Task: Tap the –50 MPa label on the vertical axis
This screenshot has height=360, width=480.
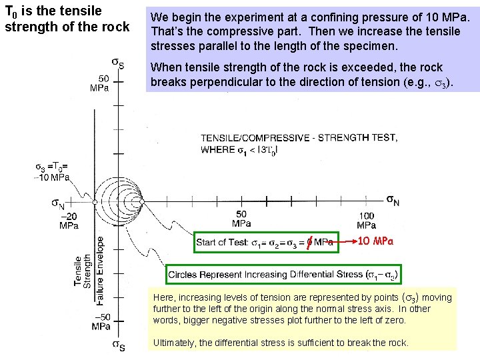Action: pyautogui.click(x=101, y=322)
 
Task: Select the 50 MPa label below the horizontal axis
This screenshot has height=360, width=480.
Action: pyautogui.click(x=242, y=218)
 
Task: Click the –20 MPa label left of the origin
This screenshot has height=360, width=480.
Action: pyautogui.click(x=69, y=221)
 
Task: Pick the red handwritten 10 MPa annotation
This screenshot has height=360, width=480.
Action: pyautogui.click(x=376, y=241)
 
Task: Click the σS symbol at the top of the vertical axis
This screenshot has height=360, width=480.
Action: pyautogui.click(x=117, y=64)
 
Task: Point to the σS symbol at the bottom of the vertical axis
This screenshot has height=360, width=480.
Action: pyautogui.click(x=119, y=345)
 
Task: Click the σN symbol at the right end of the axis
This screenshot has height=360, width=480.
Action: pyautogui.click(x=393, y=199)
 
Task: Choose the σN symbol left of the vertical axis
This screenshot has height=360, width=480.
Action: pyautogui.click(x=58, y=202)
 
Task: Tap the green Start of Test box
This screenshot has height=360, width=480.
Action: pyautogui.click(x=265, y=241)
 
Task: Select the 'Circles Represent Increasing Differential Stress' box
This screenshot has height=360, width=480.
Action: pyautogui.click(x=283, y=275)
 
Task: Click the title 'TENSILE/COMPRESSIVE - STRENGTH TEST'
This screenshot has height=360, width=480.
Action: pyautogui.click(x=299, y=138)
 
